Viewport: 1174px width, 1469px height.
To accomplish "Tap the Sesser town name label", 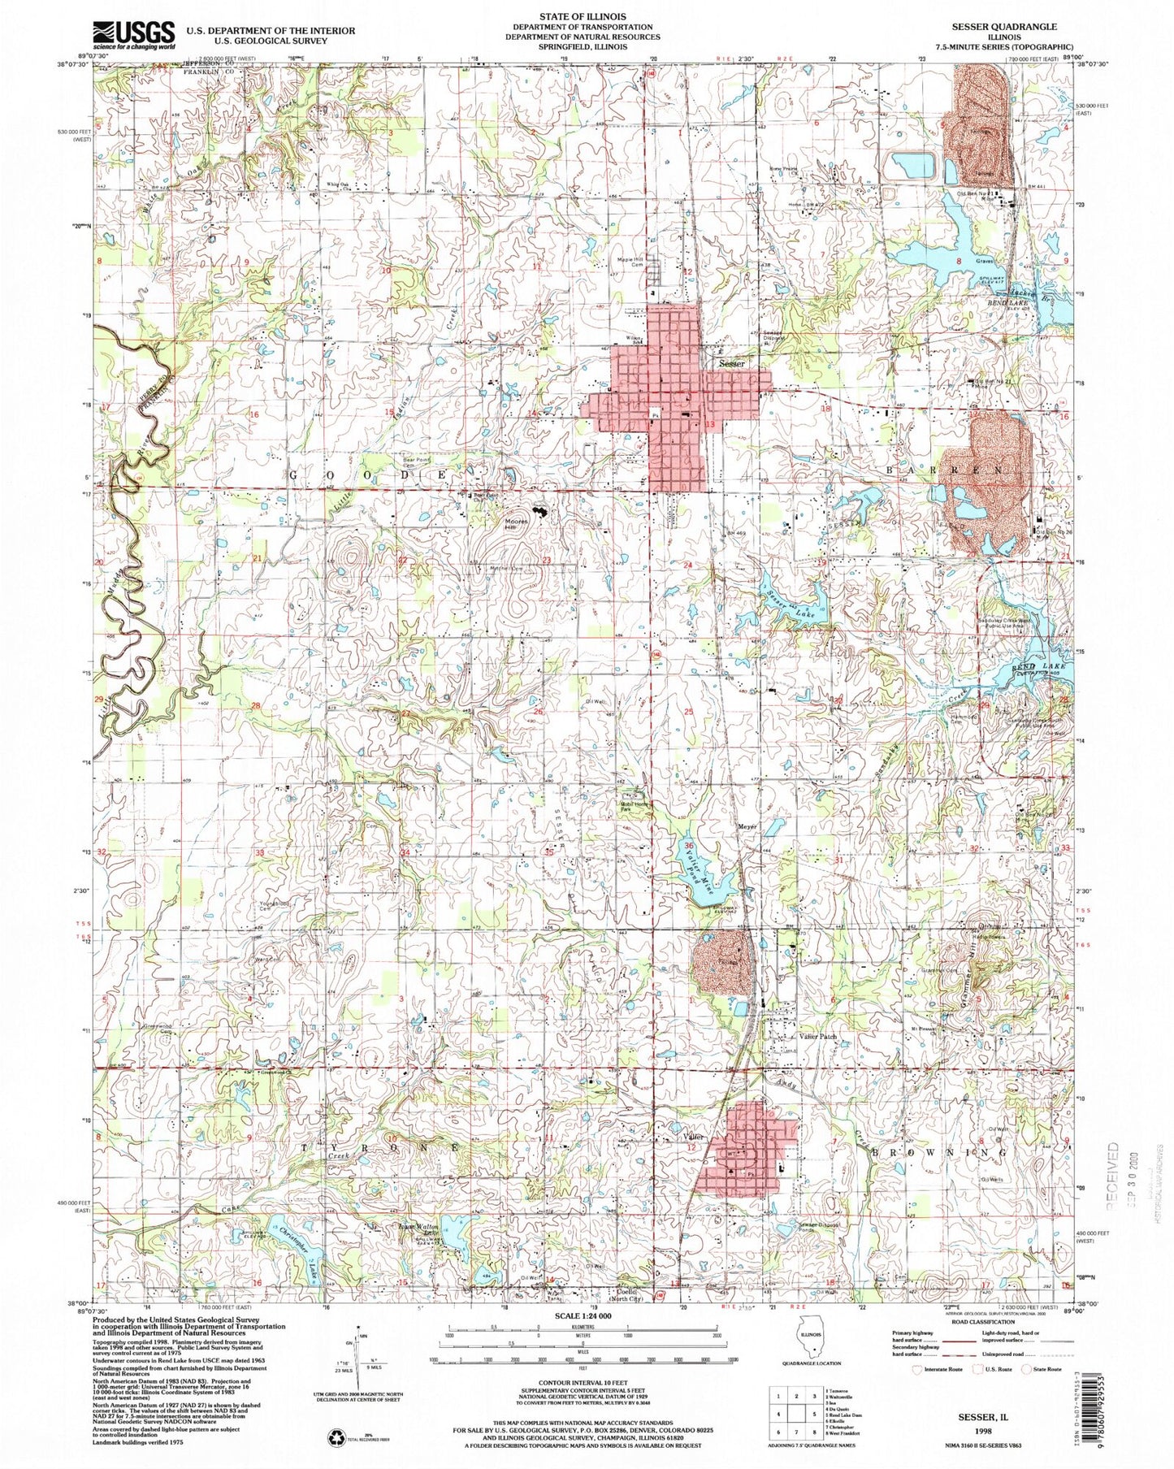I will (x=731, y=364).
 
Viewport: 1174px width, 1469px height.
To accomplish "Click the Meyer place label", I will (x=747, y=827).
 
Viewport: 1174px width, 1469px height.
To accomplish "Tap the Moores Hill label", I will (x=518, y=524).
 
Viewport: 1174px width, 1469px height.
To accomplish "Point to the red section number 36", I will (x=689, y=845).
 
